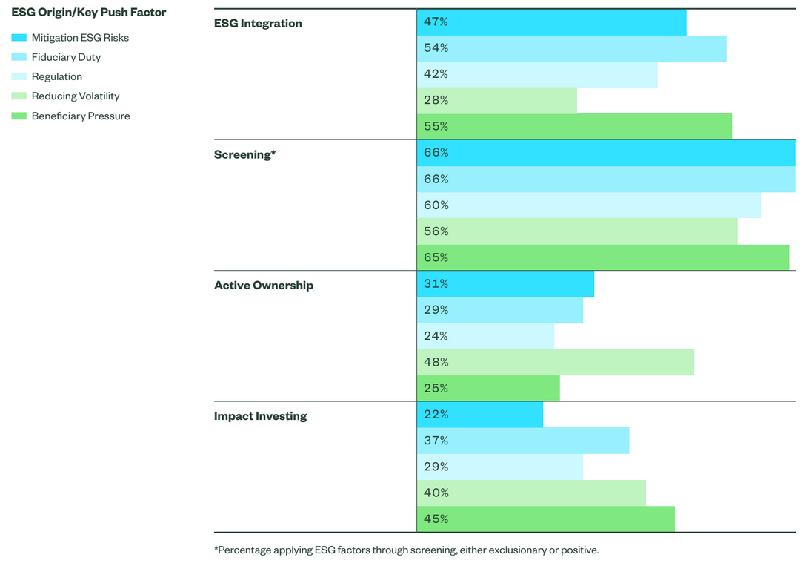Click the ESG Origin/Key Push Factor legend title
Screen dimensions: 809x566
click(89, 13)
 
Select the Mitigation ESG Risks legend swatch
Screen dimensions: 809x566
click(19, 38)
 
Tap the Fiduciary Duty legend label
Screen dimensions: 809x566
click(66, 57)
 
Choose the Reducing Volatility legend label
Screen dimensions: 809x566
click(76, 96)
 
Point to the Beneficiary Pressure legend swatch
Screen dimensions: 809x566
click(19, 116)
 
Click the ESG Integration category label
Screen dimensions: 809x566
click(258, 23)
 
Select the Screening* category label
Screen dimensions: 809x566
click(245, 154)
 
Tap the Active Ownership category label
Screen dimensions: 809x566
click(264, 285)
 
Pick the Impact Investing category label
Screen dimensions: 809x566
click(261, 416)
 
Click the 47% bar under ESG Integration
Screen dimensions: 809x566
click(551, 22)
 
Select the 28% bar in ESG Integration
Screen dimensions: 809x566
click(497, 101)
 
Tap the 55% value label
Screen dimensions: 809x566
click(436, 127)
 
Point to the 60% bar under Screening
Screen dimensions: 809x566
click(589, 205)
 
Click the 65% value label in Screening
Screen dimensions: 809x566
click(436, 257)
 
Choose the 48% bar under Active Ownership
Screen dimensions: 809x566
click(556, 362)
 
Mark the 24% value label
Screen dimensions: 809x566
click(436, 336)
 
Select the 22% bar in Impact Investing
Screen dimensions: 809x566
click(480, 415)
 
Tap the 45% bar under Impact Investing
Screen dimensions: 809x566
click(546, 519)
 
